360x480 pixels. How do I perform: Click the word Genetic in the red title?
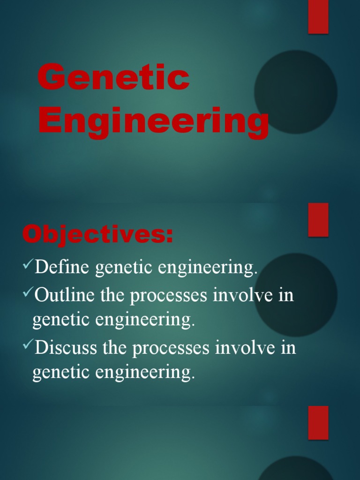(x=113, y=79)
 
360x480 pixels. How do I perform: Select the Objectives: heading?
(x=97, y=234)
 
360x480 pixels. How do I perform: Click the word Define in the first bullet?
(x=63, y=268)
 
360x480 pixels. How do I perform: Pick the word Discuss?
(x=66, y=348)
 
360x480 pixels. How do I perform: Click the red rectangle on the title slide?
(x=318, y=17)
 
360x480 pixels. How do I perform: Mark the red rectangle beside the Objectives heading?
(x=318, y=219)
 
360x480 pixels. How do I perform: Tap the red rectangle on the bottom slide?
(x=318, y=422)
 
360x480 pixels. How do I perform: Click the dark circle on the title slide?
(x=295, y=92)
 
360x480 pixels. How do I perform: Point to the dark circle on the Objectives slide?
(x=295, y=294)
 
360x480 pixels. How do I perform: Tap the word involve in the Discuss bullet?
(x=243, y=348)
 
